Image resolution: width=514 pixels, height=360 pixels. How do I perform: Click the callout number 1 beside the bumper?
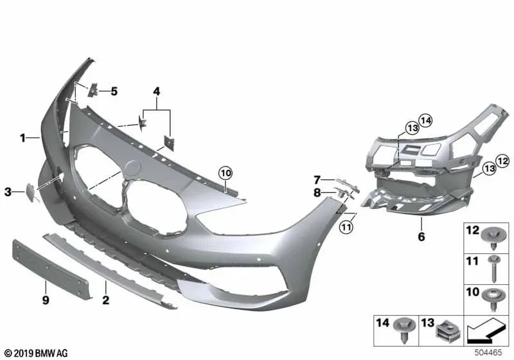[22, 138]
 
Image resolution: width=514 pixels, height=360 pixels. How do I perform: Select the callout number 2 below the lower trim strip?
[106, 300]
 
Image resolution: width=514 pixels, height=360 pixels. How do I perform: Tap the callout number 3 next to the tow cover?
[8, 191]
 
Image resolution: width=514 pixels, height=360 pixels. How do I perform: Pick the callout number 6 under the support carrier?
[421, 237]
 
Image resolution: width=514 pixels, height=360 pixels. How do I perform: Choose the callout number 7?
[317, 179]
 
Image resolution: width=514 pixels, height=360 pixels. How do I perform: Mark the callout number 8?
[317, 192]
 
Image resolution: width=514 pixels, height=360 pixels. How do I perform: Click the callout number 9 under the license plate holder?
[45, 300]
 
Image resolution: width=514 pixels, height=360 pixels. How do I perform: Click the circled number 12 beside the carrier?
[502, 160]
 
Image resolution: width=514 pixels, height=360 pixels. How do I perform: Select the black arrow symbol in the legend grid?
[486, 332]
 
